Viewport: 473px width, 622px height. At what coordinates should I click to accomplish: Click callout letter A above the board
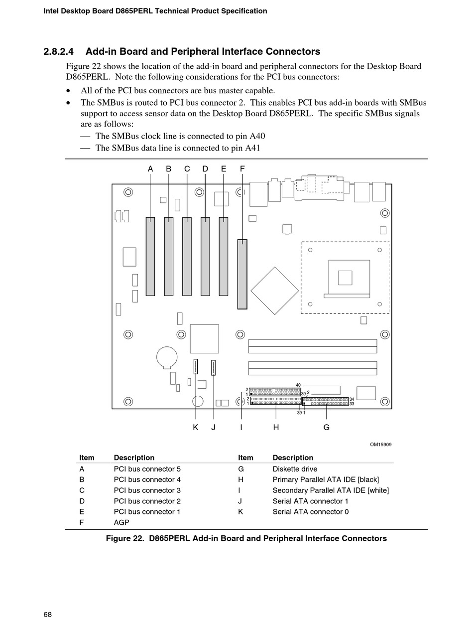150,169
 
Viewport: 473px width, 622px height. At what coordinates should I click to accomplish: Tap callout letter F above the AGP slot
242,169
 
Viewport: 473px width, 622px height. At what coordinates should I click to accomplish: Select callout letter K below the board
196,427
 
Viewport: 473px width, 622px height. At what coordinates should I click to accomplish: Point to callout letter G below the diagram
327,427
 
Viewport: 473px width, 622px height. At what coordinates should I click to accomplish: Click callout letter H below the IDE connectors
276,427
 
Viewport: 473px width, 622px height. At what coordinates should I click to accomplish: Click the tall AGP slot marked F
242,274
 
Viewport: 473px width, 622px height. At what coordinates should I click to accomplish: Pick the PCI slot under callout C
187,256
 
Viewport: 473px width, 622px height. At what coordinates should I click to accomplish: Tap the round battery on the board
167,357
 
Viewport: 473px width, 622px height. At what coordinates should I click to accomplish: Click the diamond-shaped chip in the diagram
274,291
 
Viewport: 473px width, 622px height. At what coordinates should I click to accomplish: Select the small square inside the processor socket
345,278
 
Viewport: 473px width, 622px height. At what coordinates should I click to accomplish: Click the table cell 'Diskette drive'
295,469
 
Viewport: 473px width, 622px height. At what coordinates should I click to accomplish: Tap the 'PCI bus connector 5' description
147,469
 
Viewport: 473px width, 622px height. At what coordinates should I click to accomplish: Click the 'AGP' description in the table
121,522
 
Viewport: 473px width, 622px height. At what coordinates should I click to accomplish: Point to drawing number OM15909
380,444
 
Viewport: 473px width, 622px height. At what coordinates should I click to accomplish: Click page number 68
47,615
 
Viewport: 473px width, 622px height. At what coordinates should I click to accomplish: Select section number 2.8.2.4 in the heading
59,52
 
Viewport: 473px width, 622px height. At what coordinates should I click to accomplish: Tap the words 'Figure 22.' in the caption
125,538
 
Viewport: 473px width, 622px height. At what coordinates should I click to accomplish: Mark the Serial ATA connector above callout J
214,368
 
